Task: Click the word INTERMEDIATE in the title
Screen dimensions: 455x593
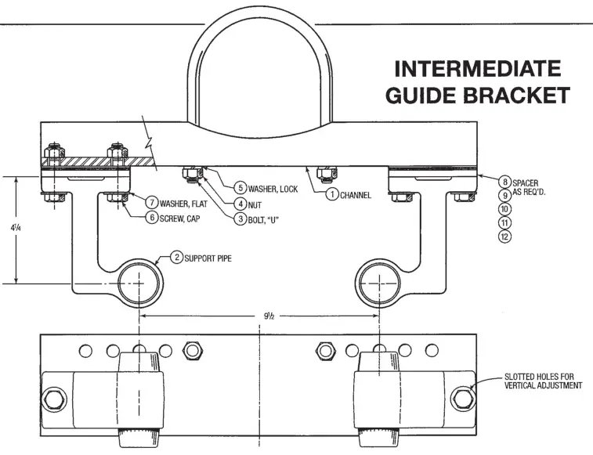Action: point(478,68)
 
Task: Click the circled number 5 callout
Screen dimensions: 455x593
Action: point(240,189)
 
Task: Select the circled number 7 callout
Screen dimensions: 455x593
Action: point(150,203)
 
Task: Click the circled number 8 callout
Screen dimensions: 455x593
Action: point(505,182)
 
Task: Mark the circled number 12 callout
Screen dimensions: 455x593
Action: point(505,237)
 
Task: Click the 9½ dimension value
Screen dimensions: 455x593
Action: point(269,316)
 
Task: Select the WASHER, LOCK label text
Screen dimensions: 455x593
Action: point(273,189)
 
